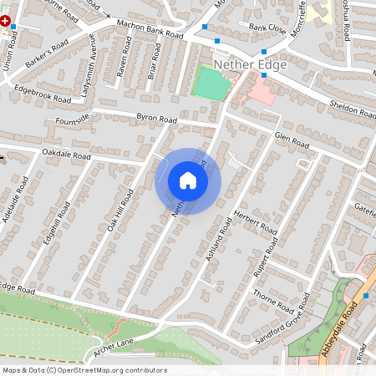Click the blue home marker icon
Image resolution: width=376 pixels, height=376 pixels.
point(188,180)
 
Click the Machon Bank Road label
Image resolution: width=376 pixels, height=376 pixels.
point(150,30)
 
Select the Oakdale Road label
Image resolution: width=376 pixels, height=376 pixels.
point(66,155)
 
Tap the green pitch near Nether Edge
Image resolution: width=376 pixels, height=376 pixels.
point(211,85)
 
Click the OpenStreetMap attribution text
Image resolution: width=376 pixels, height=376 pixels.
point(84,370)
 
